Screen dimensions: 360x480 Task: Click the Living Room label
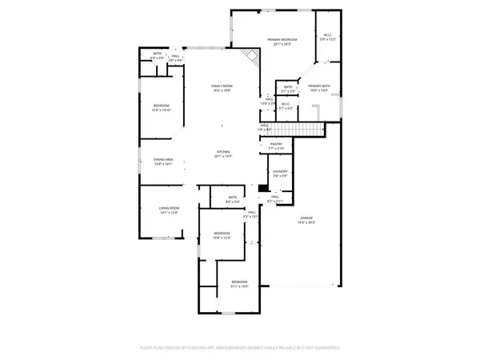pyautogui.click(x=158, y=210)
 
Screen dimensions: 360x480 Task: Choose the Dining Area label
pyautogui.click(x=163, y=161)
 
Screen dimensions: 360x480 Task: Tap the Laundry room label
pyautogui.click(x=281, y=173)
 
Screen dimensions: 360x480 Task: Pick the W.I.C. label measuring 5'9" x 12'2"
pyautogui.click(x=328, y=36)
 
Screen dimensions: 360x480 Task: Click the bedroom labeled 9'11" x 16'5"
pyautogui.click(x=240, y=284)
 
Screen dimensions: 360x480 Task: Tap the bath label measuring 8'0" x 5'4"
pyautogui.click(x=233, y=199)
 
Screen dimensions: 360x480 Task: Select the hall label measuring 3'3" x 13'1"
pyautogui.click(x=249, y=215)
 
